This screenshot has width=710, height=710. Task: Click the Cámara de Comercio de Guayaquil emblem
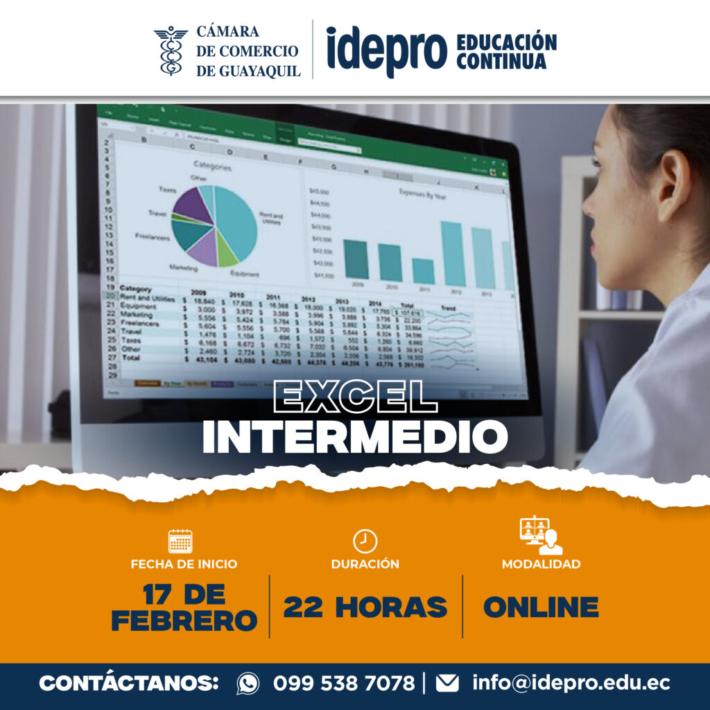pyautogui.click(x=171, y=51)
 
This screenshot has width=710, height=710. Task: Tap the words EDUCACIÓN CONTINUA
pyautogui.click(x=506, y=51)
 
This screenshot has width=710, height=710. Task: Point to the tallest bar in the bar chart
pyautogui.click(x=452, y=254)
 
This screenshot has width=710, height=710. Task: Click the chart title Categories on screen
pyautogui.click(x=212, y=166)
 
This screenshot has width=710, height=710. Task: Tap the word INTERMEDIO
pyautogui.click(x=354, y=436)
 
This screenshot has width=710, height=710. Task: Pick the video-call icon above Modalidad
pyautogui.click(x=541, y=536)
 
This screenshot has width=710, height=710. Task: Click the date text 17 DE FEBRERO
pyautogui.click(x=184, y=607)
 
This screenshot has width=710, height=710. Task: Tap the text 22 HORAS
pyautogui.click(x=365, y=607)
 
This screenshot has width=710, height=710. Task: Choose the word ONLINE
pyautogui.click(x=541, y=607)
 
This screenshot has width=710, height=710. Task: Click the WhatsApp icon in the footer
pyautogui.click(x=248, y=683)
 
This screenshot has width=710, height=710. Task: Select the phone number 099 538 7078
pyautogui.click(x=343, y=683)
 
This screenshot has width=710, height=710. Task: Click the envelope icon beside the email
pyautogui.click(x=447, y=683)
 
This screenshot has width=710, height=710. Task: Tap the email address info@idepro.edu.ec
pyautogui.click(x=571, y=683)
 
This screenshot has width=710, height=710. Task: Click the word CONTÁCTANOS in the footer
pyautogui.click(x=129, y=683)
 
